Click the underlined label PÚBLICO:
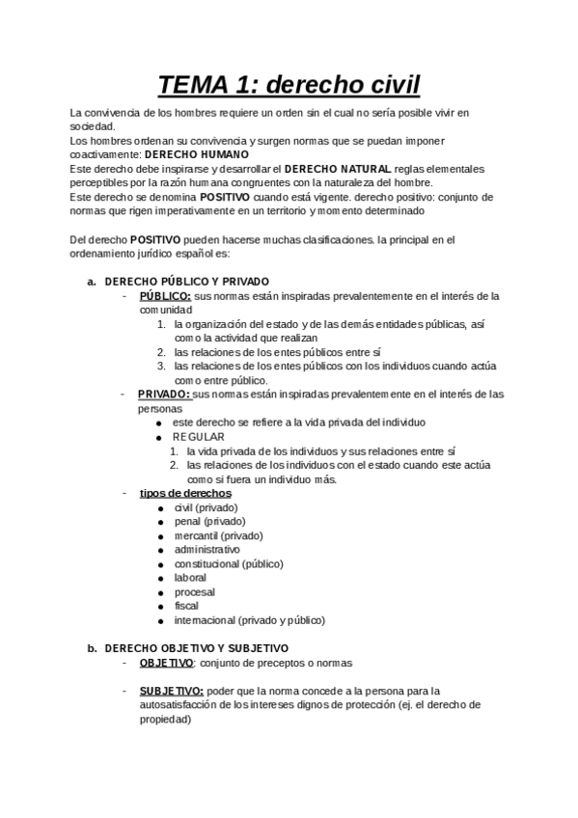[x=165, y=296]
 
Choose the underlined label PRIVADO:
[x=164, y=395]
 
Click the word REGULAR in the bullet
[x=198, y=437]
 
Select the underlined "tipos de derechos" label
[x=185, y=493]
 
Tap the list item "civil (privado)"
[x=206, y=507]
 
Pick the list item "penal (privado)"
[x=209, y=521]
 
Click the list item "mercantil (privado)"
[x=218, y=535]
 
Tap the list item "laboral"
[x=190, y=578]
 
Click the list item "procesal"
[x=194, y=591]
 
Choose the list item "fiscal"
[x=186, y=606]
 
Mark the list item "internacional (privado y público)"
[x=249, y=619]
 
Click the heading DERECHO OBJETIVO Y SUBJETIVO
[x=196, y=648]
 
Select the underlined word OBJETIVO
[x=166, y=663]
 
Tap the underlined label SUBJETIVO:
[x=171, y=691]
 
